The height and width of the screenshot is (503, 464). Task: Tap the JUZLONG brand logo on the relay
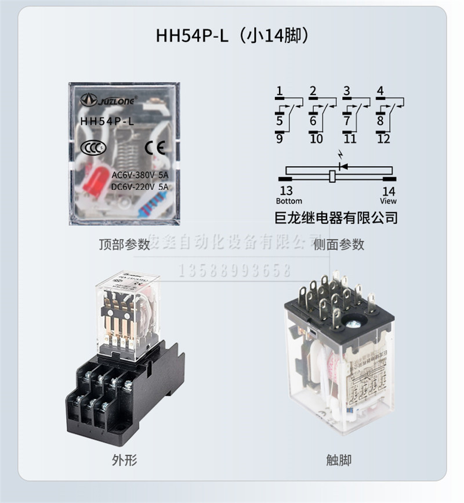(x=108, y=100)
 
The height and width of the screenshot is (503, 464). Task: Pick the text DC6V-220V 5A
(x=140, y=186)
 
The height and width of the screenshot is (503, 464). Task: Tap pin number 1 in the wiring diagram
(x=280, y=91)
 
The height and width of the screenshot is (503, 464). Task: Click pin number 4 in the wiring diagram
(x=380, y=91)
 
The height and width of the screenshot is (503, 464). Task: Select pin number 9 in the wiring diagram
(x=280, y=139)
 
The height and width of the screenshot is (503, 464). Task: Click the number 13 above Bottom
(x=287, y=191)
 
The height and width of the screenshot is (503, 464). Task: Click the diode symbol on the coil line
(x=341, y=166)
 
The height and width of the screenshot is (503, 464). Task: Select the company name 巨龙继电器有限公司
(x=336, y=218)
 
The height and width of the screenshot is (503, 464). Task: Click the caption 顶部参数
(x=124, y=245)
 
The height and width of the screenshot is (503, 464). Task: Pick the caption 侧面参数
(x=339, y=245)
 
